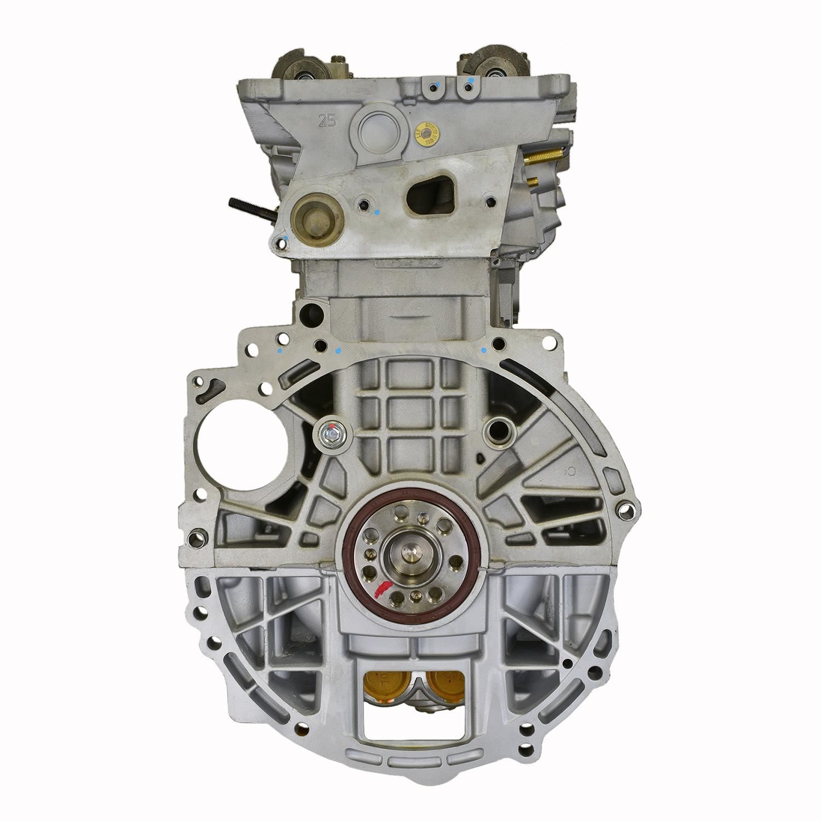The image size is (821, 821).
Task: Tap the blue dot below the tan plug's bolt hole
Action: click(287, 238)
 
